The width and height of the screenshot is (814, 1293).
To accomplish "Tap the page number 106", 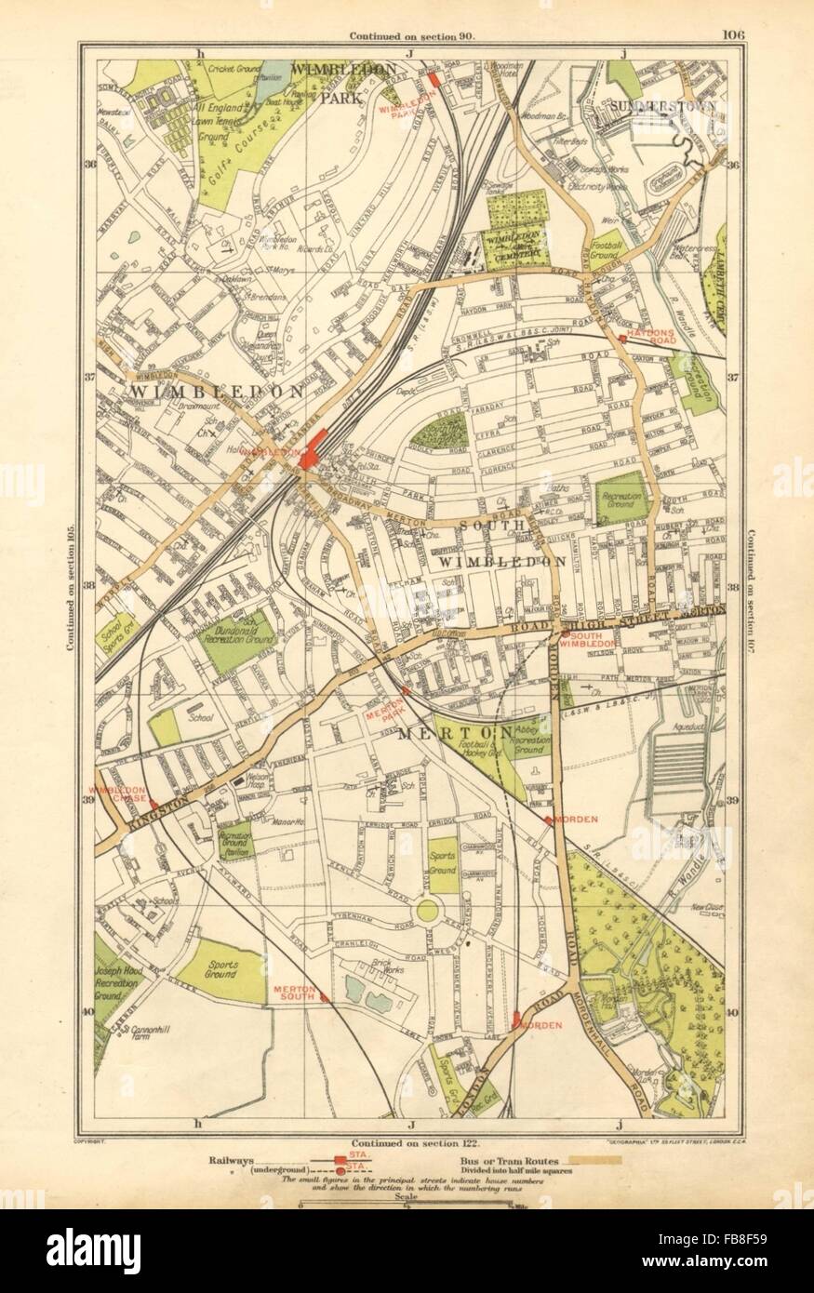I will coord(732,36).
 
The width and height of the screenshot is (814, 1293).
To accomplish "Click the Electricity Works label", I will coord(605,186).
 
